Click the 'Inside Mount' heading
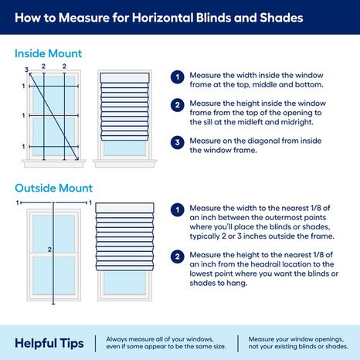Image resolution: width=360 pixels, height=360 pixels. point(48,54)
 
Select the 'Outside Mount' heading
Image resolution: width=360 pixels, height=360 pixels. point(53,188)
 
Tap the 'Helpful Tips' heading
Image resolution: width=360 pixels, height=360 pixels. point(49,341)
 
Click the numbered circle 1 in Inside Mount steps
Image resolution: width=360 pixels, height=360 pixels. point(177,78)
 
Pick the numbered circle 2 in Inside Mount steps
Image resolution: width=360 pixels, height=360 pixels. point(177,105)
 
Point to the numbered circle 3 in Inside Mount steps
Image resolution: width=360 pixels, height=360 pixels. point(177,141)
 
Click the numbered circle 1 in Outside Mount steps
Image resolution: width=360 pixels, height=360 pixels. point(177,209)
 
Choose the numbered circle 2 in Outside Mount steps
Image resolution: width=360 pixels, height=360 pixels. point(177,255)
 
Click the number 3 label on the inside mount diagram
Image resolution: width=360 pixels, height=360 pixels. point(25,70)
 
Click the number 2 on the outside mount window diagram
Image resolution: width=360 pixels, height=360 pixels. point(49,250)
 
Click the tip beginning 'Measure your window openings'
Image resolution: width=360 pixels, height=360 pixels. point(298,341)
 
